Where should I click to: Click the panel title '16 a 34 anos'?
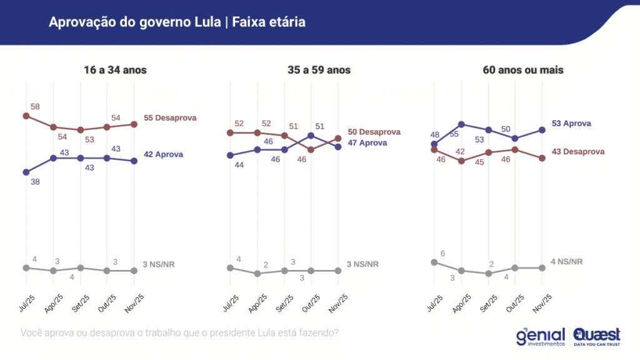coord(115,70)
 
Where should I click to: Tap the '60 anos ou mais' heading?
coord(523,70)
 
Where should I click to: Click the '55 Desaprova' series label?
coord(170,118)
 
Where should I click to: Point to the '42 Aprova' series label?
coord(164,154)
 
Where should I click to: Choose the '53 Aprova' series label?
coord(571,124)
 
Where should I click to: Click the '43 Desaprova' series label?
coord(578,152)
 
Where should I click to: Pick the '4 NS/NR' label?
coord(566,261)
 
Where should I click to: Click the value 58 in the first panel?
coord(35,107)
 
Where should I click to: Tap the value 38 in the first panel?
coord(35,182)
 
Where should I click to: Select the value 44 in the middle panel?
coord(239,165)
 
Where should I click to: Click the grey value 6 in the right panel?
coord(443,252)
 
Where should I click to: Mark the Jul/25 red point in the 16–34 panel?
coord(26,116)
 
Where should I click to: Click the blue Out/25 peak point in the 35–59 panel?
coord(311,135)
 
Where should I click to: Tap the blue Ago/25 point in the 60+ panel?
coord(461,124)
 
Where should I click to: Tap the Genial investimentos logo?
coord(541,336)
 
